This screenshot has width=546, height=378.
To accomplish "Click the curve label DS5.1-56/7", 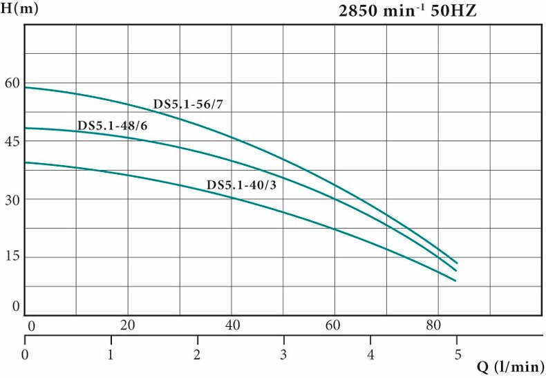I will tap(188, 104).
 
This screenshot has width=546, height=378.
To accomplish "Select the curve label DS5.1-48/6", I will tap(112, 125).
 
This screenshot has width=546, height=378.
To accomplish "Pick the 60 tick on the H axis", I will tap(12, 83).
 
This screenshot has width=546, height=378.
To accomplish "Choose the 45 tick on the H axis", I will tap(12, 141).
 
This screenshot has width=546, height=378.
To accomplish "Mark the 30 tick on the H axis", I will tap(12, 199).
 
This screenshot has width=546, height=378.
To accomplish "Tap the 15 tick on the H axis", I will tap(12, 257).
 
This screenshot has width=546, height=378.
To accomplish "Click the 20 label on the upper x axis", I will tap(128, 325).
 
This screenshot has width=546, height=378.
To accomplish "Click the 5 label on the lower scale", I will tap(456, 355).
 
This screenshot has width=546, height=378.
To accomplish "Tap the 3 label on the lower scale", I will tap(284, 355).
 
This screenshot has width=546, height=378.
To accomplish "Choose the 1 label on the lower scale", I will tap(111, 355).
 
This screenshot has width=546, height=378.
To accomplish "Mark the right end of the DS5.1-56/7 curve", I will tap(457, 263).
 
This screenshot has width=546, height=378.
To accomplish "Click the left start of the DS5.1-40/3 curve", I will tap(26, 162).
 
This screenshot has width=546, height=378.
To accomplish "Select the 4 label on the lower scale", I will tap(370, 355).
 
